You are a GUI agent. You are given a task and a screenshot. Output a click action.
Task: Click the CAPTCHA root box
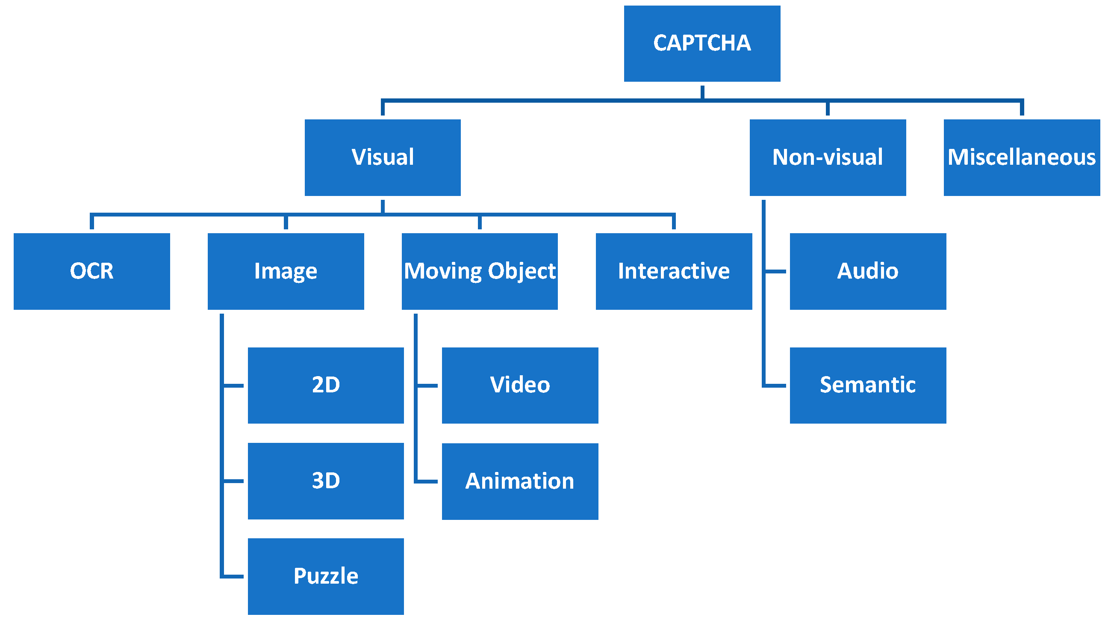pyautogui.click(x=702, y=44)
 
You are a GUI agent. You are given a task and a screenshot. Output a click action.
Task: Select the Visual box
pyautogui.click(x=383, y=157)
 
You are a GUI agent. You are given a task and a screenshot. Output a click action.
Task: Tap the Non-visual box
pyautogui.click(x=827, y=157)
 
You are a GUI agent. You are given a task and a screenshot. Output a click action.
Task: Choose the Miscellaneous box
pyautogui.click(x=1021, y=157)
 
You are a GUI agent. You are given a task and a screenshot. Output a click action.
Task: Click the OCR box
pyautogui.click(x=92, y=272)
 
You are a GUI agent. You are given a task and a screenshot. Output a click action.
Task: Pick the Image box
pyautogui.click(x=286, y=272)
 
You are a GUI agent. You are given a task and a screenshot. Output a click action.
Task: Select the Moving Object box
pyautogui.click(x=480, y=272)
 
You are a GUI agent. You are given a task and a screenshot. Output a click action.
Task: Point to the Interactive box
pyautogui.click(x=674, y=272)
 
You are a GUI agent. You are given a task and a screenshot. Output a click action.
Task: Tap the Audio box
pyautogui.click(x=868, y=272)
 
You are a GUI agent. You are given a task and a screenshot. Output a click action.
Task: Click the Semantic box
pyautogui.click(x=868, y=385)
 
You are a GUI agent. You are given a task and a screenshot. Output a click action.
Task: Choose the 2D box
pyautogui.click(x=326, y=385)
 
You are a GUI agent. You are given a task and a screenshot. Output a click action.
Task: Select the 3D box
pyautogui.click(x=326, y=481)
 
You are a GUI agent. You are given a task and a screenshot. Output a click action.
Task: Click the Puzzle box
pyautogui.click(x=326, y=576)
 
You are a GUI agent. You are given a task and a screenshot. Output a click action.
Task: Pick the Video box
pyautogui.click(x=520, y=385)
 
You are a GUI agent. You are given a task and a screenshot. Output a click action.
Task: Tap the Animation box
pyautogui.click(x=520, y=481)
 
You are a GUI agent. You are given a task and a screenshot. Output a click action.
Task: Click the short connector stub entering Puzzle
pyautogui.click(x=234, y=576)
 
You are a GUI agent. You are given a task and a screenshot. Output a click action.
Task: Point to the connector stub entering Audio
pyautogui.click(x=776, y=272)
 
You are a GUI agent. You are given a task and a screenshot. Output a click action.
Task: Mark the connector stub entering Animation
pyautogui.click(x=428, y=481)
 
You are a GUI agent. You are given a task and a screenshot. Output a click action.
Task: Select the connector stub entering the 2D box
pyautogui.click(x=234, y=386)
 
